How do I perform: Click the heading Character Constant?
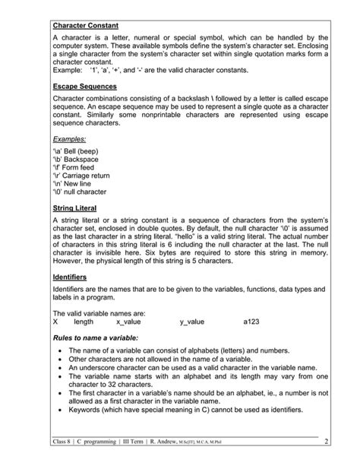click(x=85, y=25)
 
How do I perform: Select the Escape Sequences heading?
click(x=84, y=87)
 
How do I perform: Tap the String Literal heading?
click(x=74, y=208)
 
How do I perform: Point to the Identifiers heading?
click(x=70, y=277)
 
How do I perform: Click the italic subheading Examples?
click(x=70, y=139)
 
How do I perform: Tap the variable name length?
click(x=84, y=322)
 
